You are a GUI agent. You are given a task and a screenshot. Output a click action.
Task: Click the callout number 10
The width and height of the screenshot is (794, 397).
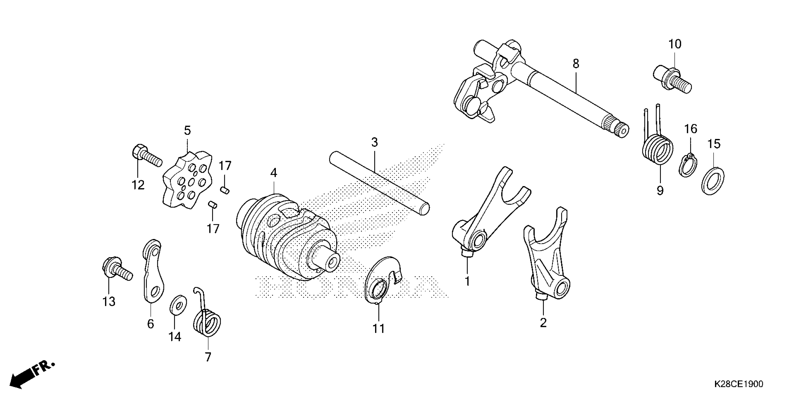pyautogui.click(x=675, y=44)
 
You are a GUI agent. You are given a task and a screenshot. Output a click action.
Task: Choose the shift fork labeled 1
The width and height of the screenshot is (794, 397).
pyautogui.click(x=487, y=216)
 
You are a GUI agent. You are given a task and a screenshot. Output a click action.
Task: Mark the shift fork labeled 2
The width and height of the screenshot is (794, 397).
pyautogui.click(x=546, y=262)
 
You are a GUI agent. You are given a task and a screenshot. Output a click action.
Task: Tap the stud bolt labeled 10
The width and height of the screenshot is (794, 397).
pyautogui.click(x=672, y=79)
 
